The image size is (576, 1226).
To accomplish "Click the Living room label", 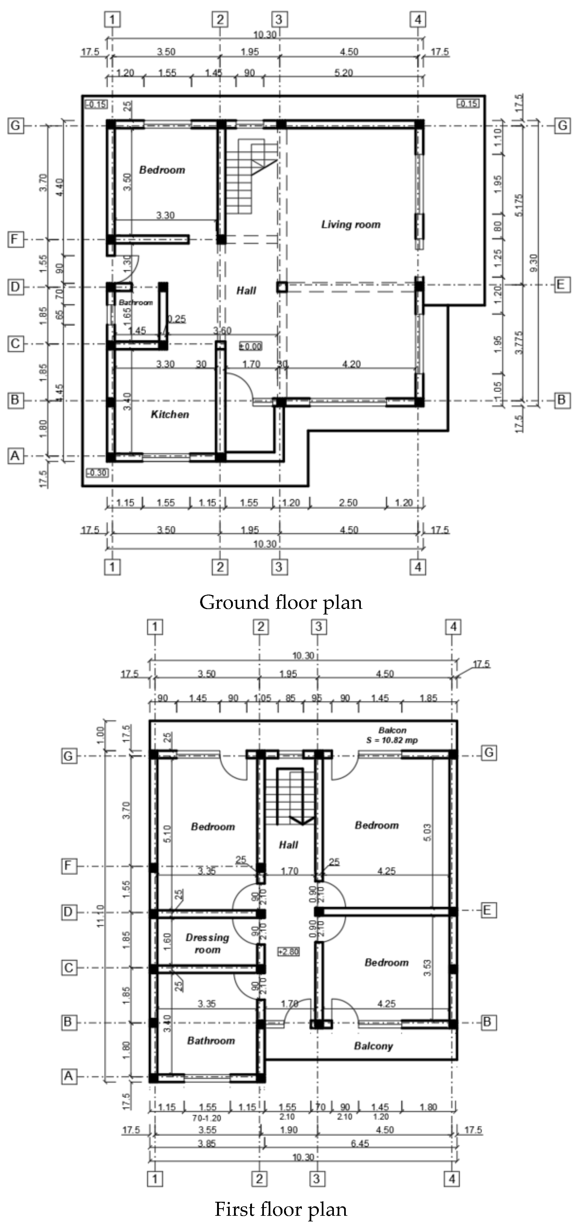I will (x=351, y=225).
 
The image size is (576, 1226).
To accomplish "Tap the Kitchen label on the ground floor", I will (x=170, y=414).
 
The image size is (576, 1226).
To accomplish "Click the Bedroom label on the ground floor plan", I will (x=162, y=170).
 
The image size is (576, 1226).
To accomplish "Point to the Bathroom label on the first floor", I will (x=211, y=1041).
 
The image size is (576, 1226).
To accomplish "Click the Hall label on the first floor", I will (x=288, y=845).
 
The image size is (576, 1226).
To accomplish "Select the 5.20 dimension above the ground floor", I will (x=344, y=73).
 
